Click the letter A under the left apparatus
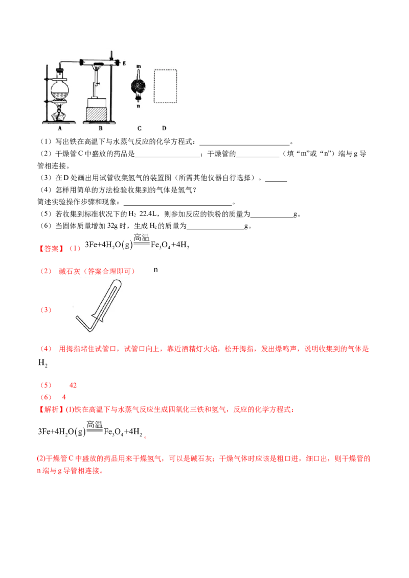pyautogui.click(x=60, y=129)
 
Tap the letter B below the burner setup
pyautogui.click(x=101, y=129)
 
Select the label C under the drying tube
pyautogui.click(x=139, y=129)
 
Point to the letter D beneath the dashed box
pyautogui.click(x=164, y=129)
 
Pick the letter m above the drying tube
pyautogui.click(x=138, y=66)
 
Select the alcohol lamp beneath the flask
pyautogui.click(x=60, y=113)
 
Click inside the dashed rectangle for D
pyautogui.click(x=165, y=87)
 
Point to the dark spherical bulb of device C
pyautogui.click(x=138, y=85)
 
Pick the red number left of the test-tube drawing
pyautogui.click(x=46, y=310)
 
